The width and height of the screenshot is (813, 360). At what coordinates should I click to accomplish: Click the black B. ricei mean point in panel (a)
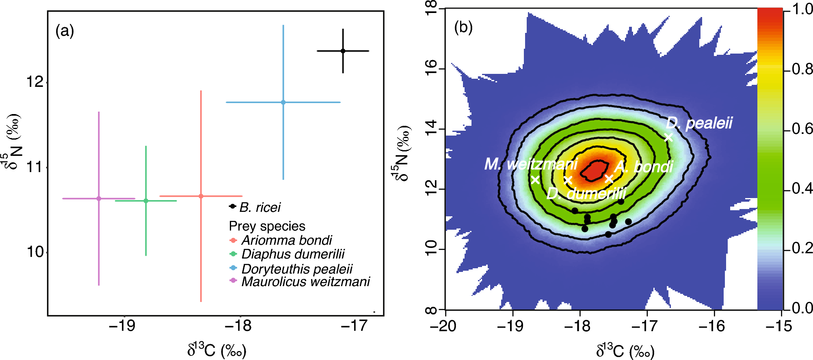coord(343,51)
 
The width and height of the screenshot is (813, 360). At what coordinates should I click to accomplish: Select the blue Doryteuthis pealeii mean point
coord(283,102)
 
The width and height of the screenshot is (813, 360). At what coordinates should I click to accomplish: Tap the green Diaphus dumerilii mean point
coord(146,200)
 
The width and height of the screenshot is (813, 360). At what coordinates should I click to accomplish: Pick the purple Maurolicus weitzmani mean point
coord(99,198)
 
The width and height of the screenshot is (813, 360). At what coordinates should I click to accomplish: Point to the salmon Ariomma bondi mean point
coord(201,196)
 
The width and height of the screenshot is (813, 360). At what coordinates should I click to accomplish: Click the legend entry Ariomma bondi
coord(286,240)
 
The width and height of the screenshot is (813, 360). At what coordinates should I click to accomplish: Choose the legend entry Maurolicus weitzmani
coord(305,281)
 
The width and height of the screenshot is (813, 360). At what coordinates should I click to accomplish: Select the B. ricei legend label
coord(259,207)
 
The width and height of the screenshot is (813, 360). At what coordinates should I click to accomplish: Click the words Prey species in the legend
coord(267,226)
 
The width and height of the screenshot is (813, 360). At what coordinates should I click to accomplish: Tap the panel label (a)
coord(65,30)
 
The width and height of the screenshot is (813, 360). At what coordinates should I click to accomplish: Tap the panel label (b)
coord(463,27)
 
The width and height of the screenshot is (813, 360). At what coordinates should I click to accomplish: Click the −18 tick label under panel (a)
coord(239,326)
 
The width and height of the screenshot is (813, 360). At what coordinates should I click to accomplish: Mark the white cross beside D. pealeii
coord(668,137)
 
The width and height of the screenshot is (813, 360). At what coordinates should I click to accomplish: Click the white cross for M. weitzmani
coord(535,180)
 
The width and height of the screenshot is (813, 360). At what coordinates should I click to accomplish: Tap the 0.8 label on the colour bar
coord(802,69)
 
